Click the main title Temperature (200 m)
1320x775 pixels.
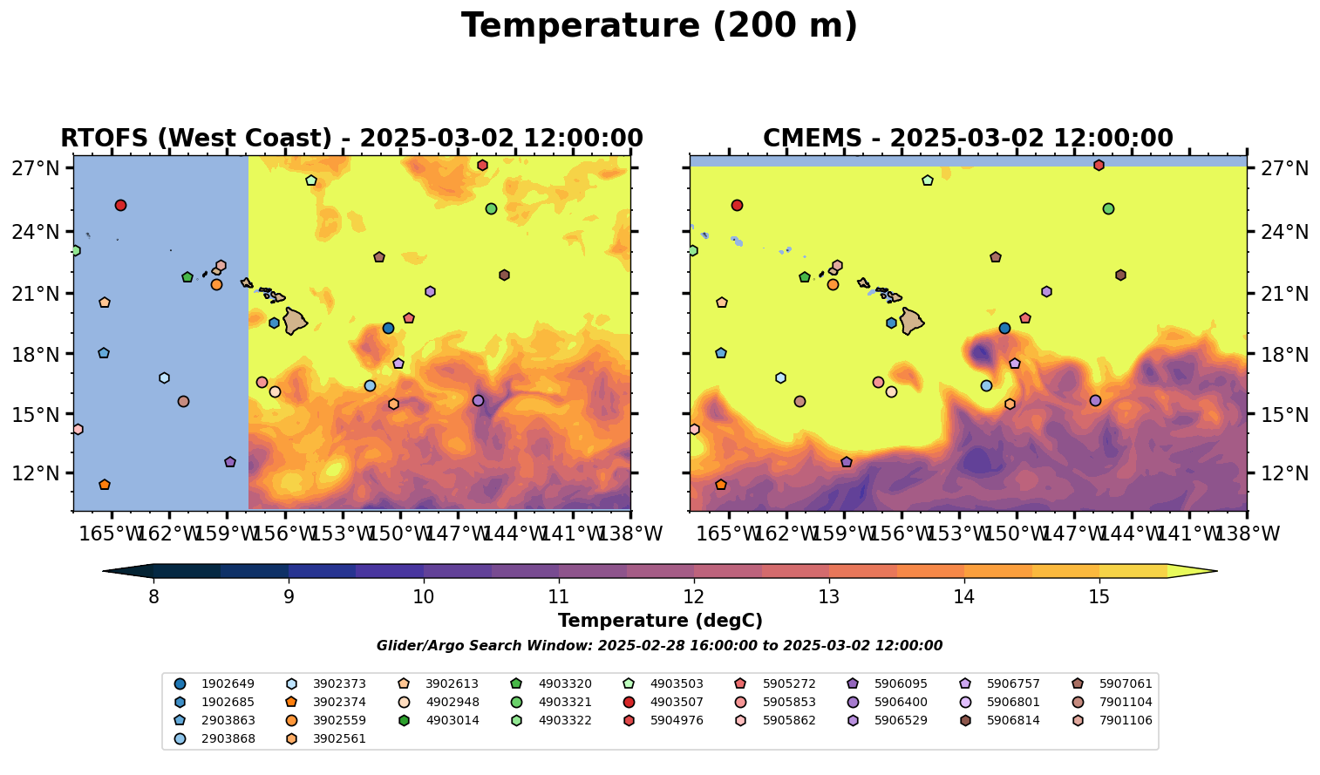pyautogui.click(x=659, y=26)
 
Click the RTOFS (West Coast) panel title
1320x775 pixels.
pyautogui.click(x=351, y=139)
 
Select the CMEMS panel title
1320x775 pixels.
pyautogui.click(x=968, y=139)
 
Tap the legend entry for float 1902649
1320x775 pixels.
pyautogui.click(x=214, y=683)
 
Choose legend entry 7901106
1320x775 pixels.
pyautogui.click(x=1125, y=720)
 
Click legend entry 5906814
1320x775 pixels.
pyautogui.click(x=1012, y=720)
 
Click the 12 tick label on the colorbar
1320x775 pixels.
pyautogui.click(x=694, y=597)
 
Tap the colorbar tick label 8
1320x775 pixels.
pyautogui.click(x=153, y=597)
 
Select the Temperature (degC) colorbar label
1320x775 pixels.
pyautogui.click(x=660, y=621)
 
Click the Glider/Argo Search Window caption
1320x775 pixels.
pyautogui.click(x=659, y=646)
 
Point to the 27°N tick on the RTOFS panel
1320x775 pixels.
pyautogui.click(x=35, y=168)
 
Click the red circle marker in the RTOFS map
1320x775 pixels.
pyautogui.click(x=120, y=206)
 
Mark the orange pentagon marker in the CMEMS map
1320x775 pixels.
pyautogui.click(x=720, y=485)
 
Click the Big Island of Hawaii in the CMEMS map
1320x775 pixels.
pyautogui.click(x=911, y=321)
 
